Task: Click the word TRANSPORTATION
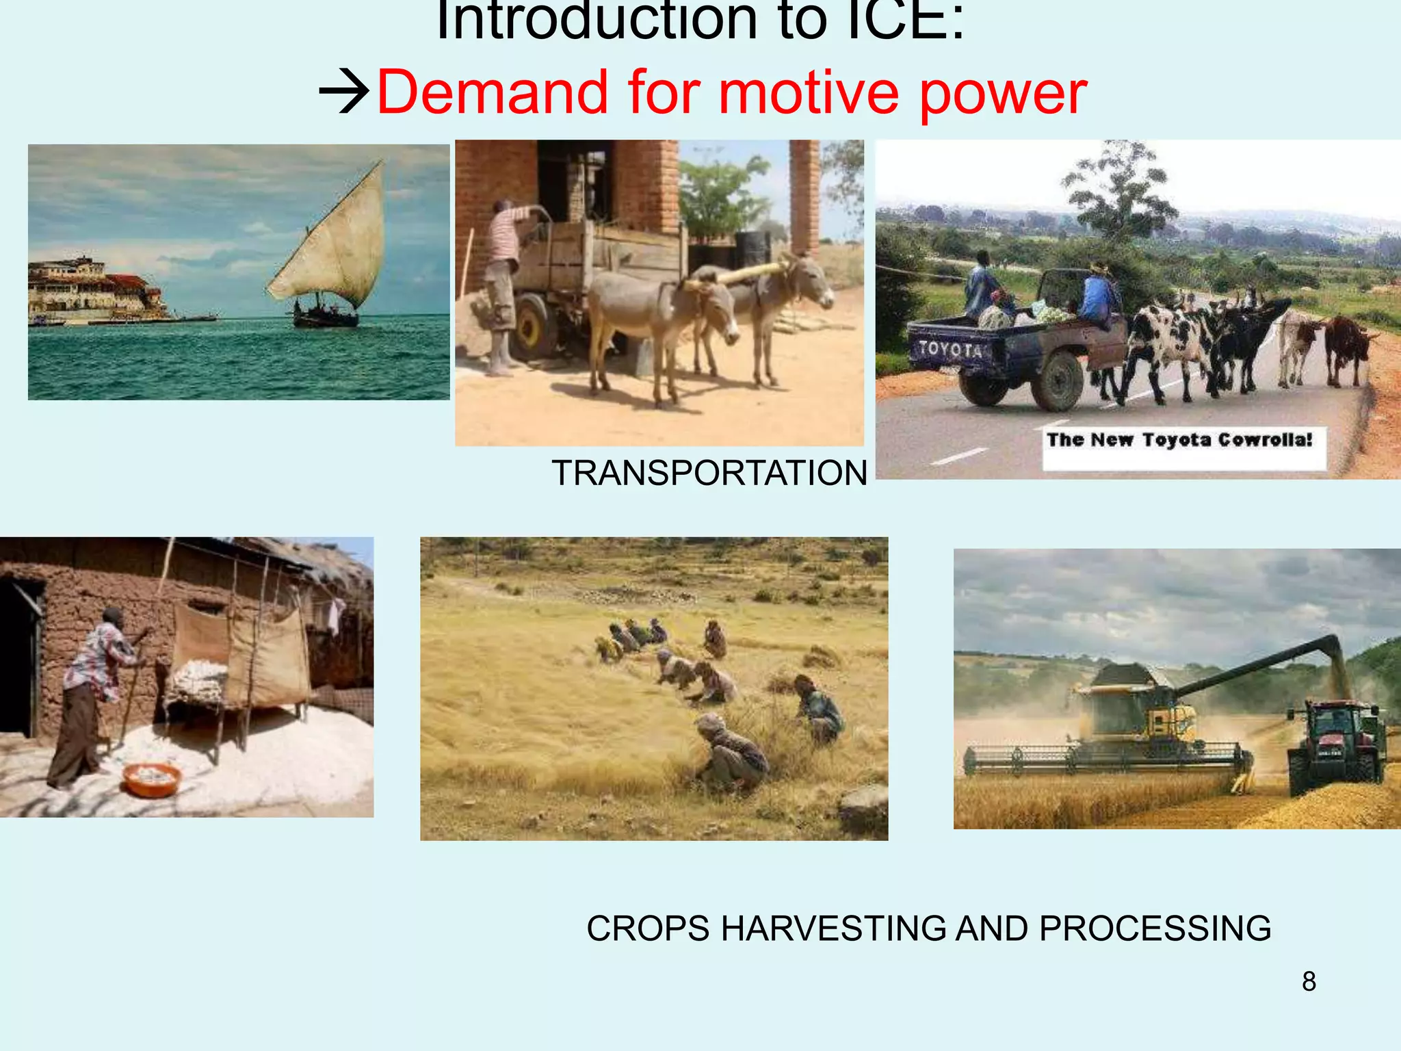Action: (x=709, y=473)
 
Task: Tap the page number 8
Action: (x=1308, y=981)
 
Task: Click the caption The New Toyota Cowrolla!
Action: (x=1181, y=440)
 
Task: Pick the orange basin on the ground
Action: (x=151, y=779)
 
